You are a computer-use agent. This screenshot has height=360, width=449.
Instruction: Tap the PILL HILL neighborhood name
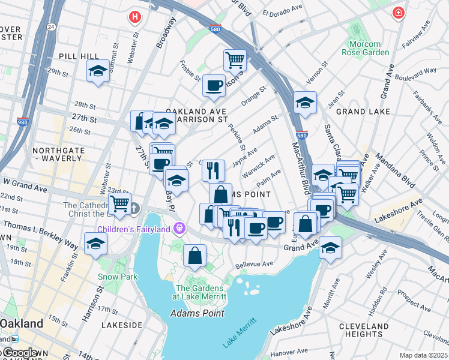tap(74, 56)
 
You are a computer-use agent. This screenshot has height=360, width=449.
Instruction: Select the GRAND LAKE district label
tap(363, 112)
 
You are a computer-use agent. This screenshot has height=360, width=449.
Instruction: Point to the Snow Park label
tap(118, 277)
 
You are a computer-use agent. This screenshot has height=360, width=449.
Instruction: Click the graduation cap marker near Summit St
tap(97, 71)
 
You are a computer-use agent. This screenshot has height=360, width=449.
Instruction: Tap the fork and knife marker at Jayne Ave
tap(213, 170)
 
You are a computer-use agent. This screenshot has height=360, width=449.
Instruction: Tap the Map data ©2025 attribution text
tap(423, 355)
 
